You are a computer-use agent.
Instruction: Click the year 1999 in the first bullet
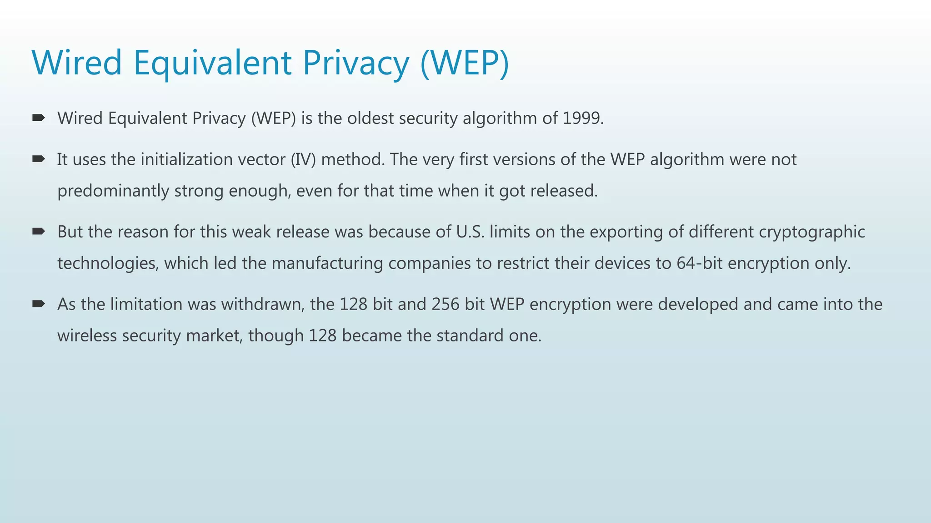coord(582,118)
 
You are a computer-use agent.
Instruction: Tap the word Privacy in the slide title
coord(356,63)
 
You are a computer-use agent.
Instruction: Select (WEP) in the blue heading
coord(465,63)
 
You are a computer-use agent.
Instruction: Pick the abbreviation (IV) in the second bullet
coord(303,159)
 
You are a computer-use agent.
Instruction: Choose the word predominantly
coord(113,191)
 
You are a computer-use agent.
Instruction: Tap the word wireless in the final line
coord(87,336)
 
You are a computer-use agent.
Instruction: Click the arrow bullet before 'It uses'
coord(39,159)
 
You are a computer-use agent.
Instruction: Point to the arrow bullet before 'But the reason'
coord(39,232)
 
